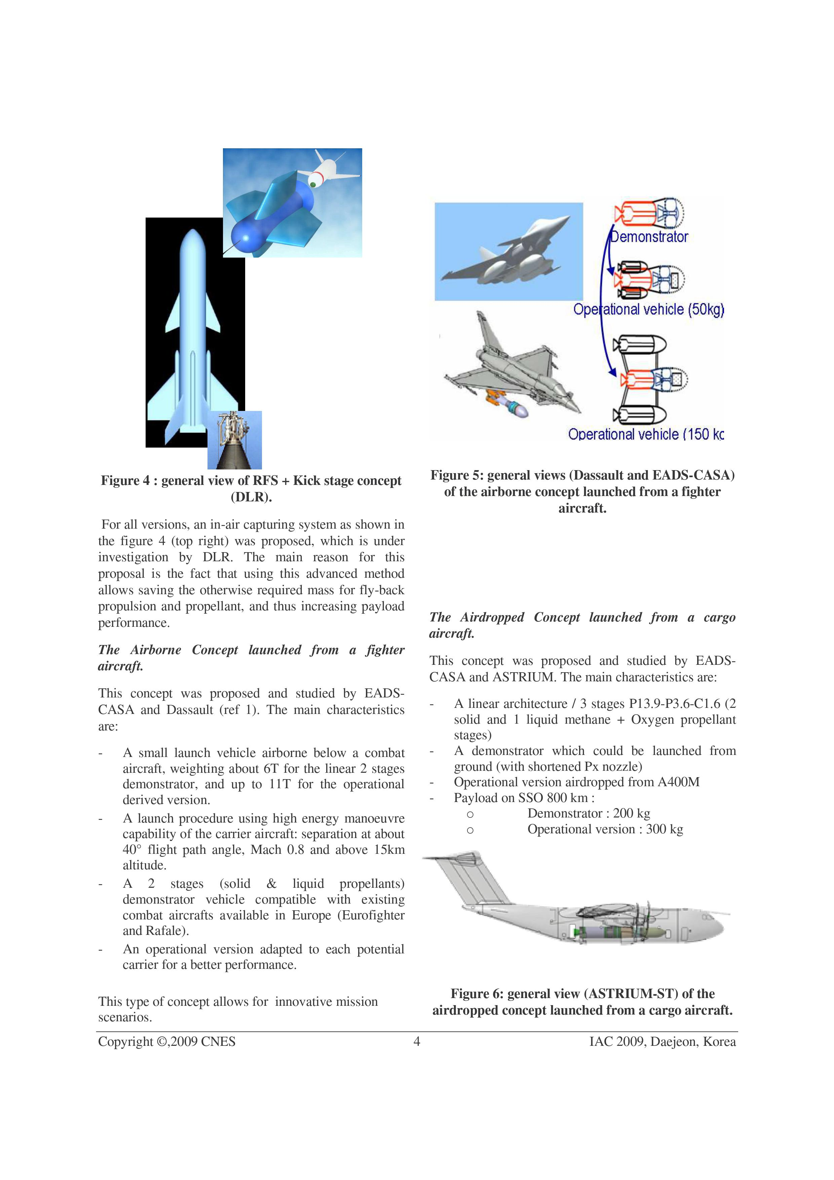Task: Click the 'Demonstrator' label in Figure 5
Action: [x=648, y=237]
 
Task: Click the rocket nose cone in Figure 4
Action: [x=193, y=241]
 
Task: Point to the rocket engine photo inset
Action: [x=234, y=440]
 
